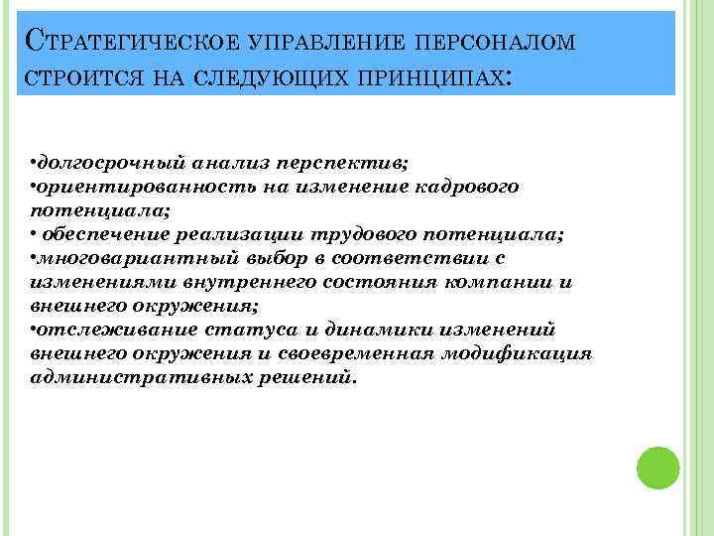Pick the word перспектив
pos(345,162)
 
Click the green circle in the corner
pos(656,467)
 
